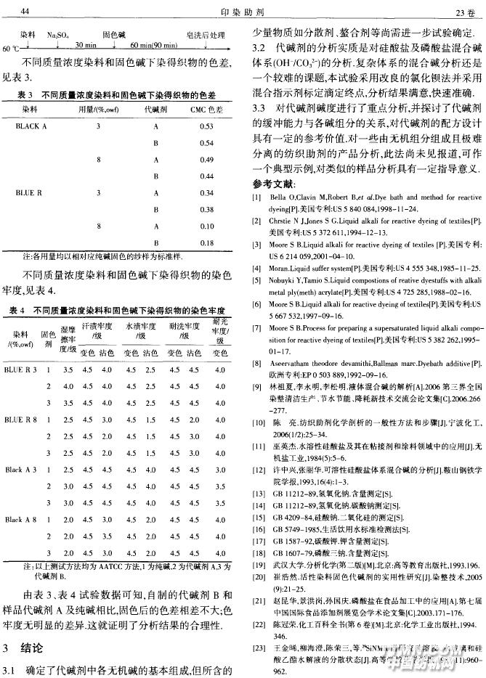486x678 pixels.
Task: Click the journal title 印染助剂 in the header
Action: pyautogui.click(x=243, y=12)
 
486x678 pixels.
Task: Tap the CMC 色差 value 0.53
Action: pyautogui.click(x=206, y=126)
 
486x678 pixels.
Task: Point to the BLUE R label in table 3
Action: pyautogui.click(x=29, y=193)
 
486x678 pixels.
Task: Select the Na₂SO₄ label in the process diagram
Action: pyautogui.click(x=58, y=34)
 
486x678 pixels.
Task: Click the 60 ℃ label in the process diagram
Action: pyautogui.click(x=12, y=49)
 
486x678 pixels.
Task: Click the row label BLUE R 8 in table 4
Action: pyautogui.click(x=22, y=420)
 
